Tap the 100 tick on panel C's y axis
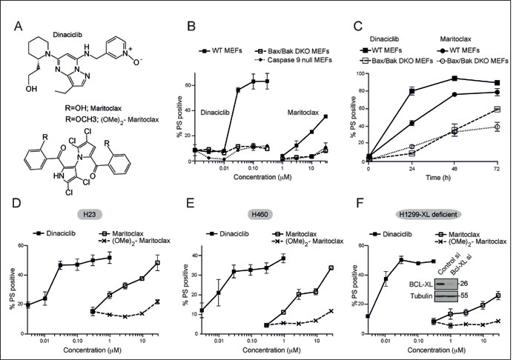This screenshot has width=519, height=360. click(x=359, y=74)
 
